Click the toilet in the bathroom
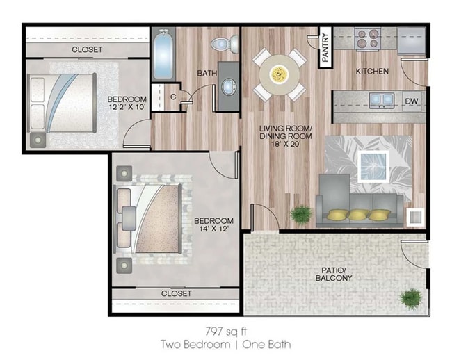tap(225, 44)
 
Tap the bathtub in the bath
tap(163, 54)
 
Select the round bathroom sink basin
tap(229, 87)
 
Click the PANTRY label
tap(325, 47)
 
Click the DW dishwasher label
tap(412, 101)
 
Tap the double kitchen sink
tap(382, 100)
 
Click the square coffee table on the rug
tap(373, 167)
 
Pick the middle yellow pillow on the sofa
tap(359, 215)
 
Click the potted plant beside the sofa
tap(301, 215)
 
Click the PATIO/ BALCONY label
tap(334, 275)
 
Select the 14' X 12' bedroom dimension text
tap(214, 229)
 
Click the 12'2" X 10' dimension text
tap(127, 107)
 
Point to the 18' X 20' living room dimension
tap(285, 144)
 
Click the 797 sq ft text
tap(226, 332)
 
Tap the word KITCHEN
tap(372, 71)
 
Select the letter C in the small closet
tap(173, 97)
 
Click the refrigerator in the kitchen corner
tap(412, 41)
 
